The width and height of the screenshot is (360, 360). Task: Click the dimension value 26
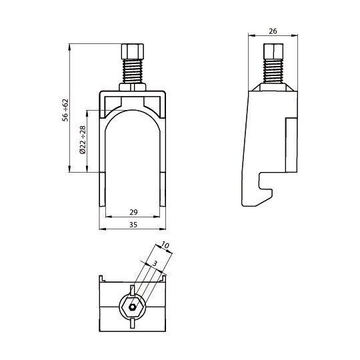273,31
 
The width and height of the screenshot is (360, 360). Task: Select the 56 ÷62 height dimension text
65,110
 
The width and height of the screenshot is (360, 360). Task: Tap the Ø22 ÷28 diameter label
83,139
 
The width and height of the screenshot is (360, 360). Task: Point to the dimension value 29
133,212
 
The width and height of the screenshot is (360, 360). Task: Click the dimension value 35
133,225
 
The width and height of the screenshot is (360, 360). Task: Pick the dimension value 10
165,245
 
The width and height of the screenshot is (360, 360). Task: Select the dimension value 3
155,263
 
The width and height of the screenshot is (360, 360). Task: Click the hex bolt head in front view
133,51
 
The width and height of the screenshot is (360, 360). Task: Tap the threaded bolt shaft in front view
133,71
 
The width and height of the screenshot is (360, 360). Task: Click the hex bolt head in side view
273,51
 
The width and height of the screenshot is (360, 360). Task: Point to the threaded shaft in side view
273,71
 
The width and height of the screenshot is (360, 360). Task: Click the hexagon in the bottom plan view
132,307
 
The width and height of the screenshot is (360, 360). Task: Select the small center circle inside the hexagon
132,307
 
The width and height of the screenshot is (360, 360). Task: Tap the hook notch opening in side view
266,181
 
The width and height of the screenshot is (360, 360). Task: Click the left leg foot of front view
103,189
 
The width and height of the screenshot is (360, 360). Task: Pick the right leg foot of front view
163,189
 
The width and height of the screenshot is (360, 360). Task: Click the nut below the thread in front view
133,87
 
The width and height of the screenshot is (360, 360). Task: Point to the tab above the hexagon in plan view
132,290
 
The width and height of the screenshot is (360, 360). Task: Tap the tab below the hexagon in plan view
132,323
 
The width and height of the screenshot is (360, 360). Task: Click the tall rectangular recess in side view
291,145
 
